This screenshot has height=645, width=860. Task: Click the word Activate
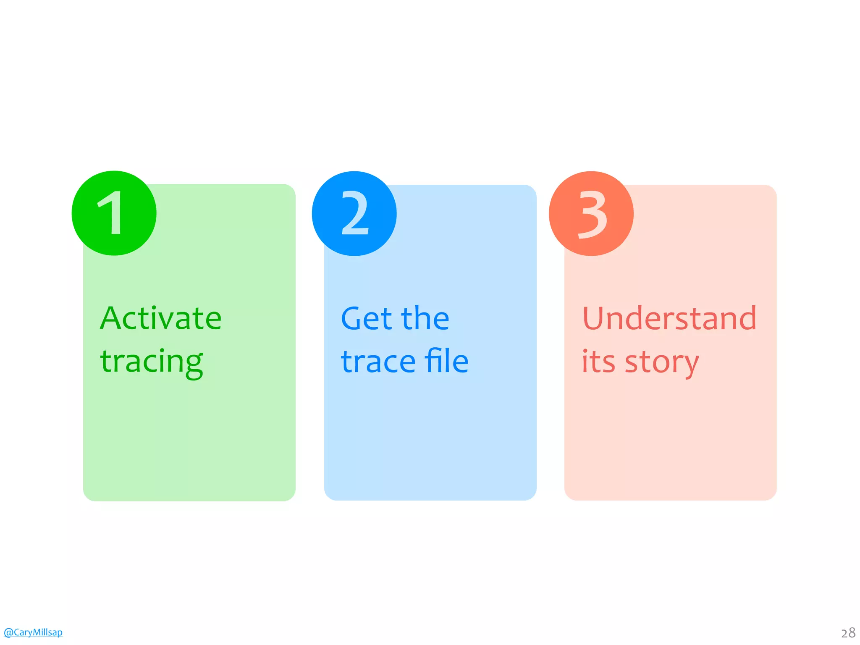161,318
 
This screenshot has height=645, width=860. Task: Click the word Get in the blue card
366,318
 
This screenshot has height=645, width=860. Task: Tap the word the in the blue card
425,318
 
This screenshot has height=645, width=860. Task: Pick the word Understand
669,318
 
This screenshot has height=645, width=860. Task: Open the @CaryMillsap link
33,632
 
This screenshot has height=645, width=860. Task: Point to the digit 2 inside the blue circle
355,213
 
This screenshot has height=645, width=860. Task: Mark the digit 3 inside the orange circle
593,214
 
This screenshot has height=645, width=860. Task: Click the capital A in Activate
113,318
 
